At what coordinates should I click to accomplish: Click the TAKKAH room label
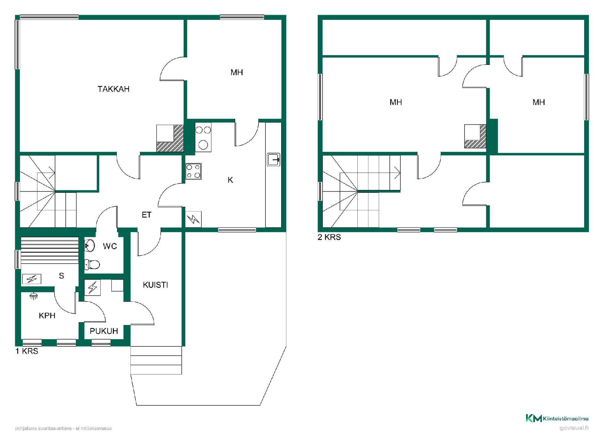pyautogui.click(x=114, y=89)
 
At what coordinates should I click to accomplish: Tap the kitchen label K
pyautogui.click(x=230, y=180)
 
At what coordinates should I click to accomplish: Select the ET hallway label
pyautogui.click(x=147, y=215)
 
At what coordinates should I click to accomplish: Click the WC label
pyautogui.click(x=110, y=246)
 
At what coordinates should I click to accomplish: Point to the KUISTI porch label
pyautogui.click(x=155, y=285)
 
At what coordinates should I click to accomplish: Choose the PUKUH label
pyautogui.click(x=104, y=331)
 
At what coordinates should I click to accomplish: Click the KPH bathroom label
pyautogui.click(x=47, y=316)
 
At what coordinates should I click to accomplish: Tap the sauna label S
pyautogui.click(x=61, y=276)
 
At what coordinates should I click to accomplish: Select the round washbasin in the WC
pyautogui.click(x=90, y=246)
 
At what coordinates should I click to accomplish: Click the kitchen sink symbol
pyautogui.click(x=274, y=159)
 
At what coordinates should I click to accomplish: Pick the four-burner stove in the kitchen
pyautogui.click(x=193, y=171)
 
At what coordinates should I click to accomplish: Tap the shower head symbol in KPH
pyautogui.click(x=33, y=296)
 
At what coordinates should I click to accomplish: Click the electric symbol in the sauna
pyautogui.click(x=32, y=279)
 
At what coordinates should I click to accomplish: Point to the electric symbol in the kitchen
pyautogui.click(x=193, y=219)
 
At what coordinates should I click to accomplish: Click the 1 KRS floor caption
pyautogui.click(x=27, y=351)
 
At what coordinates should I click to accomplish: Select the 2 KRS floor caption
pyautogui.click(x=329, y=237)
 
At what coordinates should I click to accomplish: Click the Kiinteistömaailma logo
pyautogui.click(x=557, y=418)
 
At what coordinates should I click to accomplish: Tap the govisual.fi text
pyautogui.click(x=574, y=428)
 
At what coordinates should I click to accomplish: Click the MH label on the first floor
pyautogui.click(x=237, y=72)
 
